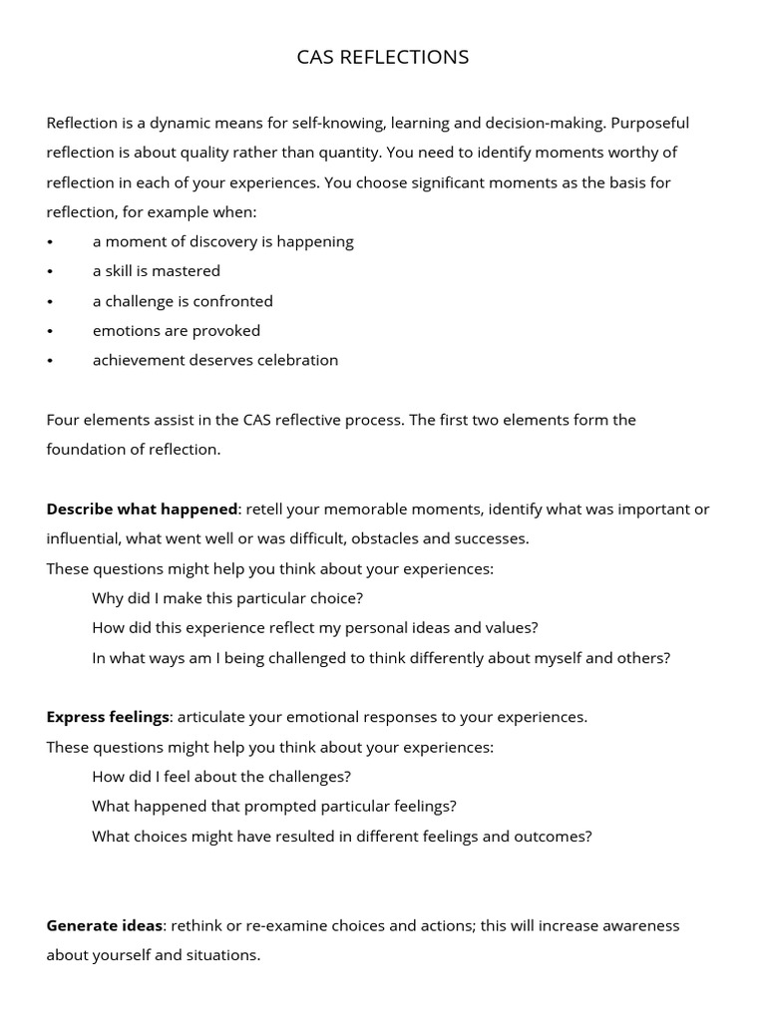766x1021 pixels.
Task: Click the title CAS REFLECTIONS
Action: coord(383,57)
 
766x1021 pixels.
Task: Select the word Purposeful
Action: coord(649,123)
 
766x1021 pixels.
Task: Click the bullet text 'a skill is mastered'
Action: coord(157,271)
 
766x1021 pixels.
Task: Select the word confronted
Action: coord(233,301)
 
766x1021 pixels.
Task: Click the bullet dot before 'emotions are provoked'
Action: coord(50,331)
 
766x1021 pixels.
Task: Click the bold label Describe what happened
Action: coord(142,509)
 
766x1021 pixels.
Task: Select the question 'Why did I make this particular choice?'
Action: coord(227,598)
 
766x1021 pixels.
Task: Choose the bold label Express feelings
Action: coord(108,717)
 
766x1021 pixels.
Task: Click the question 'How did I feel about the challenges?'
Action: coord(221,777)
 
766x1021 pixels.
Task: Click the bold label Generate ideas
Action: coord(104,925)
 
